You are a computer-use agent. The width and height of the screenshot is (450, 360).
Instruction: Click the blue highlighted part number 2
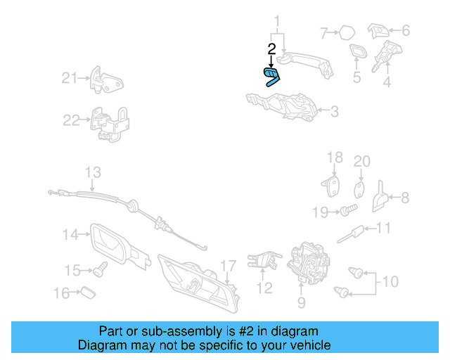pyautogui.click(x=271, y=77)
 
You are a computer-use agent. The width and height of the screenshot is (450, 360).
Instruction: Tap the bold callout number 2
pyautogui.click(x=271, y=49)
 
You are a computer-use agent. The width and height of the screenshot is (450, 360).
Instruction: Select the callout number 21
pyautogui.click(x=70, y=78)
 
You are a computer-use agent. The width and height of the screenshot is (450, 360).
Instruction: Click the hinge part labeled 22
pyautogui.click(x=110, y=124)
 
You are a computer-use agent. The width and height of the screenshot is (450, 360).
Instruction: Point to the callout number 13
pyautogui.click(x=93, y=172)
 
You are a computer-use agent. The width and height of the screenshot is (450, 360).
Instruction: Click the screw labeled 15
pyautogui.click(x=100, y=269)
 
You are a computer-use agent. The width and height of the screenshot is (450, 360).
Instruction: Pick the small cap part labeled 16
pyautogui.click(x=88, y=292)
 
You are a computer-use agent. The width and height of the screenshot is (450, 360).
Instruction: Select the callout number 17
pyautogui.click(x=229, y=266)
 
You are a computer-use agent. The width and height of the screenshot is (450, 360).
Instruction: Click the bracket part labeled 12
pyautogui.click(x=264, y=260)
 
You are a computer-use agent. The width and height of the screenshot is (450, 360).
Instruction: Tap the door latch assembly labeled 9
pyautogui.click(x=309, y=263)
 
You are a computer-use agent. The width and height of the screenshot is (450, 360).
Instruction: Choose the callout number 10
pyautogui.click(x=390, y=282)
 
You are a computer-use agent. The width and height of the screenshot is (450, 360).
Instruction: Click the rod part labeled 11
pyautogui.click(x=350, y=235)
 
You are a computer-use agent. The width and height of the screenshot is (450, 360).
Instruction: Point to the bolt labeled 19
pyautogui.click(x=349, y=210)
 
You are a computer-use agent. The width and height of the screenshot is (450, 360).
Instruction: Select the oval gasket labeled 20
pyautogui.click(x=359, y=190)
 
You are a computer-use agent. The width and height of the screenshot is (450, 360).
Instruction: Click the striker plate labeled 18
pyautogui.click(x=330, y=186)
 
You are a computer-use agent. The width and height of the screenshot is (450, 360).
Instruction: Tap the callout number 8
pyautogui.click(x=405, y=198)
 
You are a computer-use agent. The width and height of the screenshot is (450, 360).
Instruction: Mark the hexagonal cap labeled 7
pyautogui.click(x=347, y=33)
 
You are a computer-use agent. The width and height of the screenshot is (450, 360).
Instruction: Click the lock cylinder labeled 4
pyautogui.click(x=387, y=56)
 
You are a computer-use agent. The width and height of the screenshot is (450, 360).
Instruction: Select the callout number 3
pyautogui.click(x=335, y=111)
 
